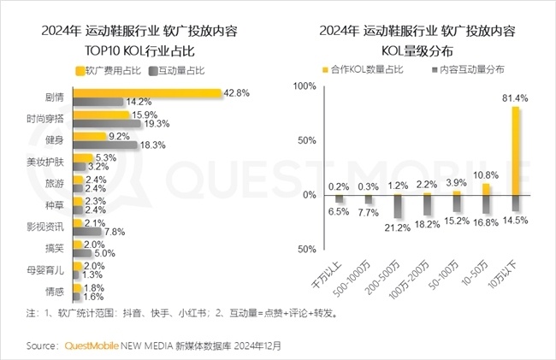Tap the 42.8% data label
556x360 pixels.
point(236,91)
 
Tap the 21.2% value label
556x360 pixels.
point(398,228)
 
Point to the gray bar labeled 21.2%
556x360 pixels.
point(398,206)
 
